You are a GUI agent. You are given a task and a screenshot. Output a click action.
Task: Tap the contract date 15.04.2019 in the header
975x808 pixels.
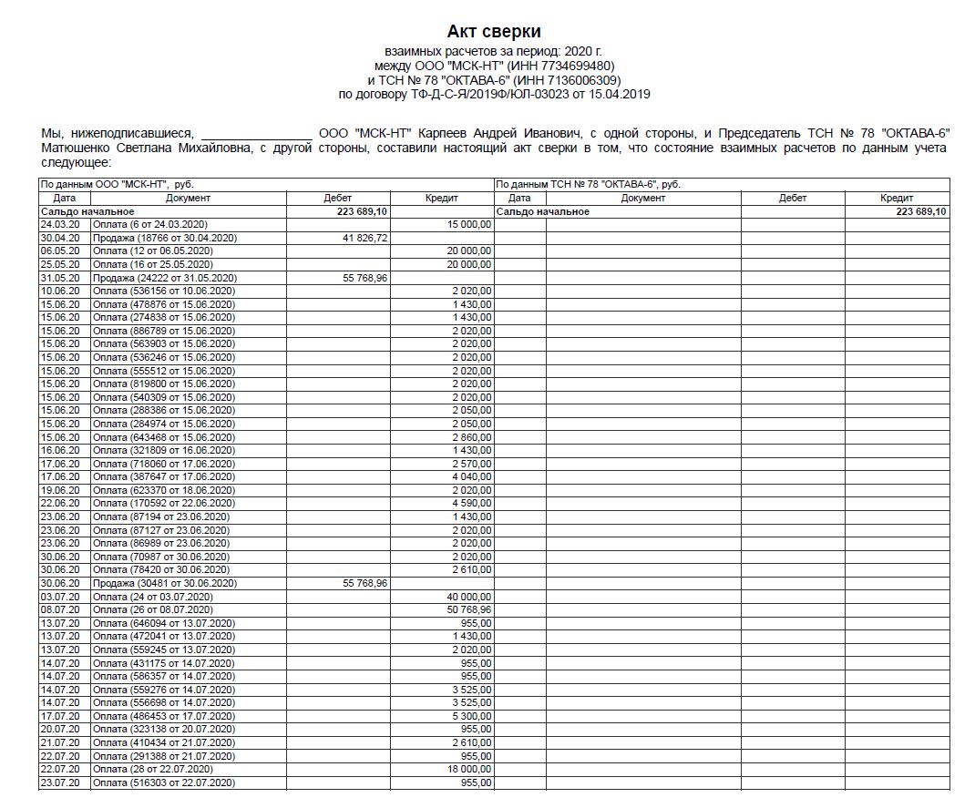click(619, 94)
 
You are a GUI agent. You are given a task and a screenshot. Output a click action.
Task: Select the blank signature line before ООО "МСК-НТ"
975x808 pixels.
click(256, 133)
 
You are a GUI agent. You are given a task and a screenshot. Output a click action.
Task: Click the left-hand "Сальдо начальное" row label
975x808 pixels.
click(80, 211)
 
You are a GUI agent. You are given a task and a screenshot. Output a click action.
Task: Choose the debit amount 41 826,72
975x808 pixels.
click(364, 238)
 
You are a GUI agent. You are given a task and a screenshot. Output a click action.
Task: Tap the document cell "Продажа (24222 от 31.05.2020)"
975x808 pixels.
click(165, 278)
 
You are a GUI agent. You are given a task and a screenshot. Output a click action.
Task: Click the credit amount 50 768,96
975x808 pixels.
click(469, 609)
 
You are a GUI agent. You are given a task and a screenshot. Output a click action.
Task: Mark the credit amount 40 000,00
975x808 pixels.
click(469, 596)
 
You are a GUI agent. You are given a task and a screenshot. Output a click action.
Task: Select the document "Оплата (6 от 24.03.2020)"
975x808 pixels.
click(151, 224)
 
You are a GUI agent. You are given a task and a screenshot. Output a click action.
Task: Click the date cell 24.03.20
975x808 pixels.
click(59, 224)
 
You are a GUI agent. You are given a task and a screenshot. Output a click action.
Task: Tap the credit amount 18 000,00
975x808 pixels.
click(469, 769)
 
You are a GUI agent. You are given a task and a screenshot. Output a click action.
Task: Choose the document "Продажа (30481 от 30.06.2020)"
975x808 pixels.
click(165, 583)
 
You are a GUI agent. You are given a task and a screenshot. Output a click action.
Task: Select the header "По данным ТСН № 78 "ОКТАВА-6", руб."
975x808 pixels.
click(589, 184)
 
